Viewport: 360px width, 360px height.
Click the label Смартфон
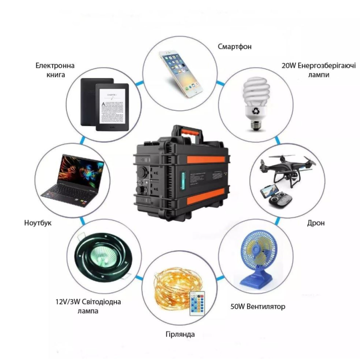pos(234,47)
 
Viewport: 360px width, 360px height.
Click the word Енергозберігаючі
pos(327,66)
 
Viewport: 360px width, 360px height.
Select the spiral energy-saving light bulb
pos(256,103)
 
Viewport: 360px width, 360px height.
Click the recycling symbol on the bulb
pos(255,111)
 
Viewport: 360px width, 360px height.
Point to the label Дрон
pos(316,223)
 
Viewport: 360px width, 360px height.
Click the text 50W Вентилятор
pos(258,306)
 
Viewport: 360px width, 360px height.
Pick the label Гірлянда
pos(180,334)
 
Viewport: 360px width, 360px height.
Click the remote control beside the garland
pos(197,303)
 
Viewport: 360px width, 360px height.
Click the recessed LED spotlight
pos(103,256)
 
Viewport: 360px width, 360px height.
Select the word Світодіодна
pos(101,301)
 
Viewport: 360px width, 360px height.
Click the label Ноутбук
pos(38,223)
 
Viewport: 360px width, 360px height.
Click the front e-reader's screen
pos(112,106)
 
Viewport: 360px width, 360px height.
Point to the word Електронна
pos(55,66)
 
